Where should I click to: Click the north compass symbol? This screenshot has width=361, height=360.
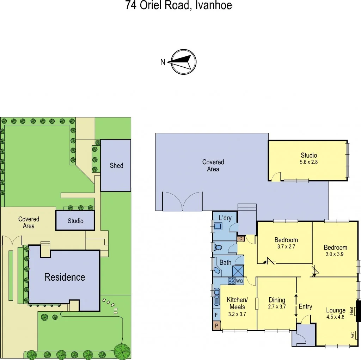[183, 62]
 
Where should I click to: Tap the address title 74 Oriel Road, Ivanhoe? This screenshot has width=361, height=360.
[179, 6]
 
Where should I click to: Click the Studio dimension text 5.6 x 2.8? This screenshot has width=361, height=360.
[309, 163]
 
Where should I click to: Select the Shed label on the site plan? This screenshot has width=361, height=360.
[116, 165]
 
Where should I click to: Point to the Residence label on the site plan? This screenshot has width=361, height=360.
[65, 277]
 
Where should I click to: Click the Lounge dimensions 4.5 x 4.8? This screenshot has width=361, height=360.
[335, 317]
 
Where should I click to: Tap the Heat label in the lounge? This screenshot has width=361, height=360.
[351, 311]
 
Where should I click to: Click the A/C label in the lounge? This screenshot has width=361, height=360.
[353, 335]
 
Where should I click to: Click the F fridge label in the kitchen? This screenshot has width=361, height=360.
[216, 315]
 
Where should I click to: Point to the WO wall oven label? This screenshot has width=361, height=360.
[239, 281]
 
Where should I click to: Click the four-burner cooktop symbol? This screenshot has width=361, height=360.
[232, 281]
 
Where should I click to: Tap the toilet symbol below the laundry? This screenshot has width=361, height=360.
[218, 248]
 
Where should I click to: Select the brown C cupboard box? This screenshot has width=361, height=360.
[241, 239]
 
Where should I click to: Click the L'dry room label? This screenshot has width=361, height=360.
[225, 218]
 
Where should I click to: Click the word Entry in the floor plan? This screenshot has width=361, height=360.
[305, 306]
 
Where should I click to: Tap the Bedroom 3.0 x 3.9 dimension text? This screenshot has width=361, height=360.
[336, 254]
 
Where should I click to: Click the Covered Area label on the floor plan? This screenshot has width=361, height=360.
[213, 165]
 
